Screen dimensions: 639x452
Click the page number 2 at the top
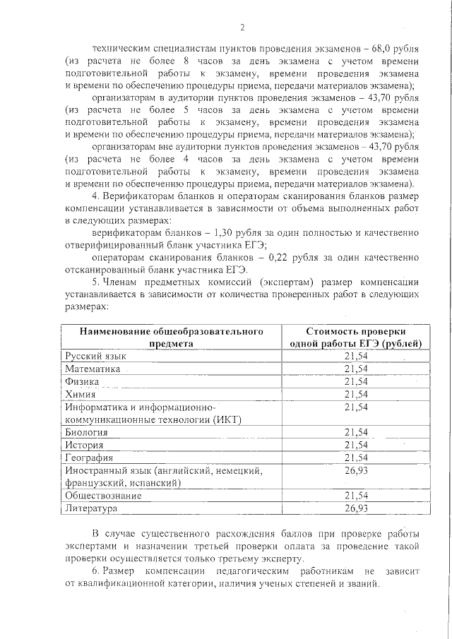click(x=242, y=28)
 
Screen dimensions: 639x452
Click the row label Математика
click(x=93, y=369)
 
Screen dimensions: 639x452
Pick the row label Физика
click(x=82, y=381)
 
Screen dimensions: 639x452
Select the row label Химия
click(x=80, y=394)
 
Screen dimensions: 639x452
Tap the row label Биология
click(x=86, y=431)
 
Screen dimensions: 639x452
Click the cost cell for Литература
click(x=356, y=508)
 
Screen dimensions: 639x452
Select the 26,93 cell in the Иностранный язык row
click(x=356, y=470)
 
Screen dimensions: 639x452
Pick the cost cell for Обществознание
click(x=356, y=496)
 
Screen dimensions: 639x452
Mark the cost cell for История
click(x=356, y=445)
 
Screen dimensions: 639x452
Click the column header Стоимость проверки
click(x=356, y=330)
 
